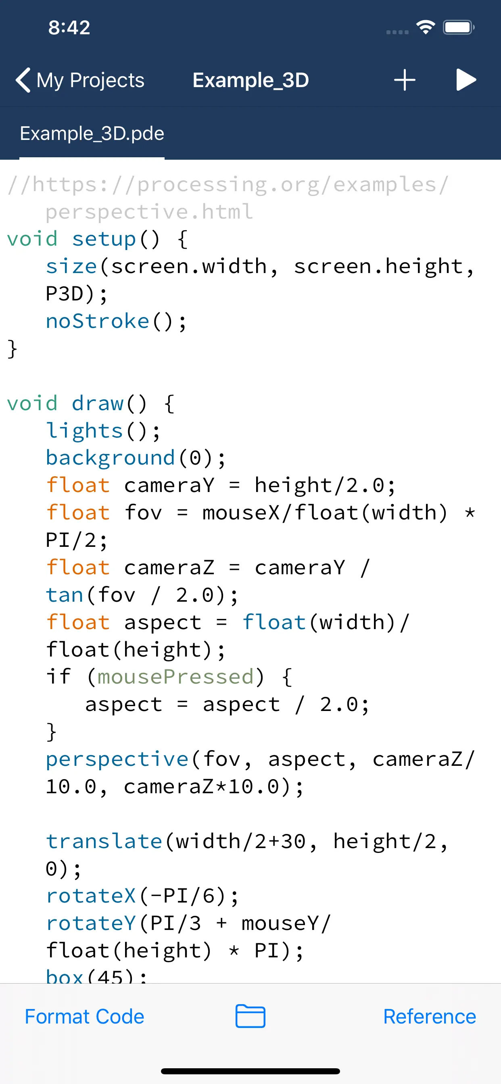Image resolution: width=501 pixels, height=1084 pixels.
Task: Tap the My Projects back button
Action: (80, 80)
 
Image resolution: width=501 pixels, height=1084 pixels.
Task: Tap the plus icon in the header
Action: (405, 80)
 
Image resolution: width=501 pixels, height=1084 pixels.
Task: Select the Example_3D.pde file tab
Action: (92, 134)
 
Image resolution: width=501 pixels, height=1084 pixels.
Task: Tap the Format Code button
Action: (84, 1016)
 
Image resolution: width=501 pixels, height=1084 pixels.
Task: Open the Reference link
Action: (430, 1016)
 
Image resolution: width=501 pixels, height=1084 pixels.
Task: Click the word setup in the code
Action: (104, 239)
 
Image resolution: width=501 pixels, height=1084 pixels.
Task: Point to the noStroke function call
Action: (98, 321)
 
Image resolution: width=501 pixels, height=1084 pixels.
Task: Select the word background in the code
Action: (110, 458)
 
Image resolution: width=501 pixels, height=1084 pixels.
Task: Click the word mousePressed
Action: (175, 677)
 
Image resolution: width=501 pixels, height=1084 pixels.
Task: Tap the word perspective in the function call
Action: (117, 759)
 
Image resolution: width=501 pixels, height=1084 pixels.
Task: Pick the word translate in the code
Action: (104, 841)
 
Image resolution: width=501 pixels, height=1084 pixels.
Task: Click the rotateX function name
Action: (91, 896)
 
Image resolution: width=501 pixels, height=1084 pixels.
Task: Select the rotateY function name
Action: (91, 923)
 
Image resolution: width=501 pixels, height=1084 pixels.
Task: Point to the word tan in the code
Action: (65, 594)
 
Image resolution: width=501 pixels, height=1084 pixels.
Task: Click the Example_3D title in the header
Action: (250, 80)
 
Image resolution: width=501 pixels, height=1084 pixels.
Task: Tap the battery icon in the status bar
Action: (458, 28)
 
